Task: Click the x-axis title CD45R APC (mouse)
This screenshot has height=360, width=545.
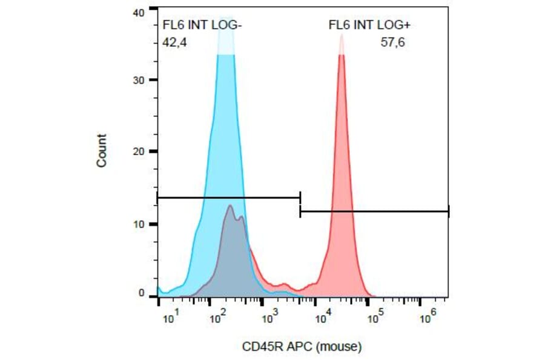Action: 302,347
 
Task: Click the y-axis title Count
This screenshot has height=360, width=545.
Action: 101,151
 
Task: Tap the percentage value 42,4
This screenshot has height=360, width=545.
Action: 176,43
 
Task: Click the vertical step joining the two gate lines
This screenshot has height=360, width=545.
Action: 300,204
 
